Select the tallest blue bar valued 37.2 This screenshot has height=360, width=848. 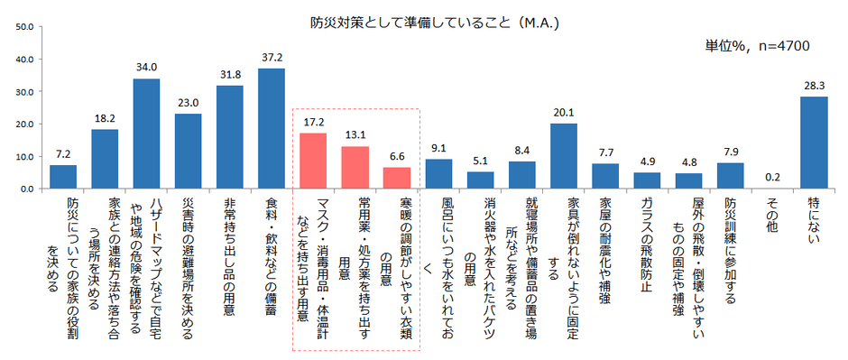[272, 129]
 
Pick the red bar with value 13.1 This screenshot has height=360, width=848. [355, 168]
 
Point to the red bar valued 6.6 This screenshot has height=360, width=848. [396, 178]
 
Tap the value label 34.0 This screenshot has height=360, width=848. [146, 67]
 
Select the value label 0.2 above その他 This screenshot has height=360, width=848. [771, 177]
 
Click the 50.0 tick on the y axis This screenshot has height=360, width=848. [24, 27]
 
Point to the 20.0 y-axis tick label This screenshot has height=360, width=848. [24, 125]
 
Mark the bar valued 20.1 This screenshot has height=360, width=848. [563, 156]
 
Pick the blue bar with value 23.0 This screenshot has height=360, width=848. [188, 152]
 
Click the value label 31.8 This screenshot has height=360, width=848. [229, 74]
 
